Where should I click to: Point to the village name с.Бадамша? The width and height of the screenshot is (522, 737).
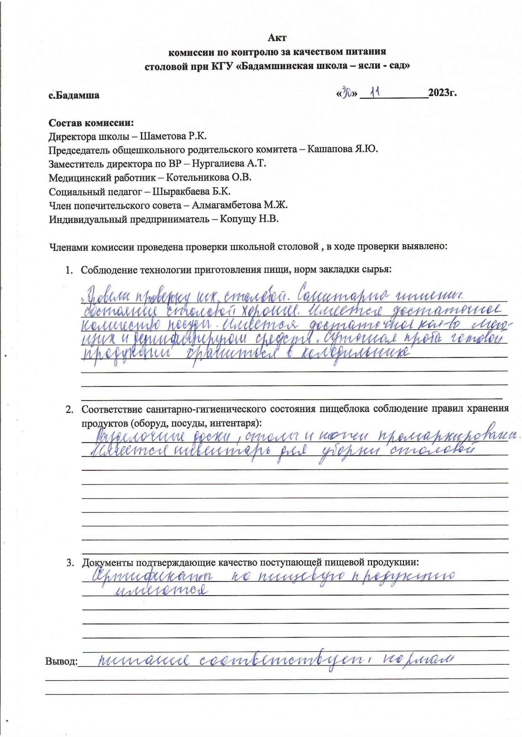coord(74,95)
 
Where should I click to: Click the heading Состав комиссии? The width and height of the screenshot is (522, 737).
coord(91,123)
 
